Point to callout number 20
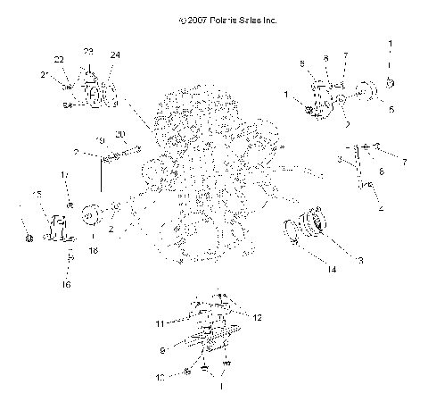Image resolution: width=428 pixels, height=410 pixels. point(121,134)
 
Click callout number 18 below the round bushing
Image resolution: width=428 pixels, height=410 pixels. point(93,253)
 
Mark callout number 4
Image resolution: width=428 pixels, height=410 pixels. point(381,208)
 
